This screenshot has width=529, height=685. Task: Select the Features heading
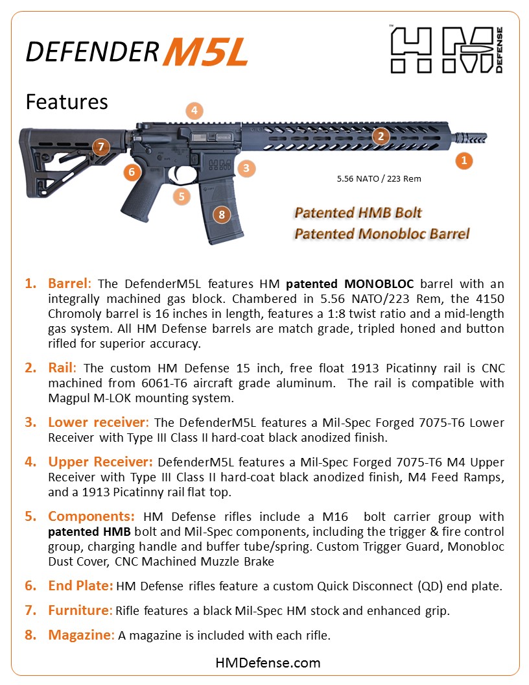(x=67, y=102)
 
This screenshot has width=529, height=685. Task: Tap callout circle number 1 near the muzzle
(x=463, y=160)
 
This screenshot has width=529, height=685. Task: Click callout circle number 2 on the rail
(x=381, y=136)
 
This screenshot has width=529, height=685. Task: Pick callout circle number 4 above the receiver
(x=194, y=110)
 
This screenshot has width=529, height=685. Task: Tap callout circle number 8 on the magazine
(x=222, y=215)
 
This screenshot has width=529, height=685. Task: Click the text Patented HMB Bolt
(x=359, y=213)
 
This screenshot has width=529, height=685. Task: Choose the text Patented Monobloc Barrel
(x=381, y=234)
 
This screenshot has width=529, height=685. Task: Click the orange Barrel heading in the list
(x=70, y=284)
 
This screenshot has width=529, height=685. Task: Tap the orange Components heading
(x=91, y=517)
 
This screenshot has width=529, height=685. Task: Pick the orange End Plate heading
(x=80, y=586)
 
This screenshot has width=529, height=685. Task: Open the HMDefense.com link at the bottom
(x=268, y=662)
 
